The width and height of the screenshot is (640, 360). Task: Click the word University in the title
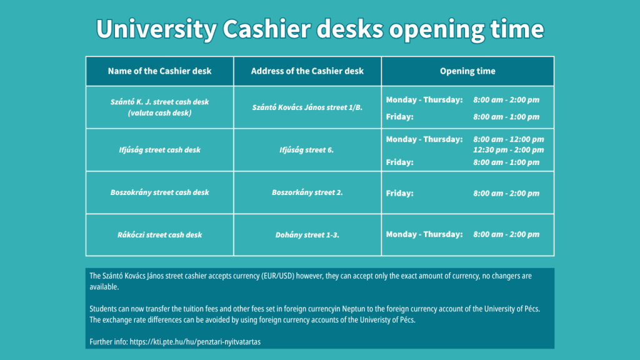156,29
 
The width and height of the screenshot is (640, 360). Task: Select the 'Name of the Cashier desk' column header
159,71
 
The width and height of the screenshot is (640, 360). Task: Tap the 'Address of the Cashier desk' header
307,71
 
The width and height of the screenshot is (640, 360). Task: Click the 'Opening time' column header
467,71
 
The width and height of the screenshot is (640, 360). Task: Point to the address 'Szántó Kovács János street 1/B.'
307,107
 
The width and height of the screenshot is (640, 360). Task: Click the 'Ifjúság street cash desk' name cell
159,150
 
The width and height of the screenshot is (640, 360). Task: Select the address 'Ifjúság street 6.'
306,150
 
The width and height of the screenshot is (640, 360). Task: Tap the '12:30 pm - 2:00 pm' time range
509,150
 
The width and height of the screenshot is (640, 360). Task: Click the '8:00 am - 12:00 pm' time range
509,139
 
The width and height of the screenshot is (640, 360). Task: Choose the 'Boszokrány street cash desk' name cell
159,192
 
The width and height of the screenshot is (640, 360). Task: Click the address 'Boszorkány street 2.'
307,192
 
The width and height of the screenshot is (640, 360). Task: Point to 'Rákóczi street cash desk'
159,235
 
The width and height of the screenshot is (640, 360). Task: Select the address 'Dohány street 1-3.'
307,235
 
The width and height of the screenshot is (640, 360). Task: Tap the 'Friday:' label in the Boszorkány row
399,194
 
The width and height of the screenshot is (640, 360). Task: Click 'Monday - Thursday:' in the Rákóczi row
424,234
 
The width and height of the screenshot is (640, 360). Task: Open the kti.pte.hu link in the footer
195,342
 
